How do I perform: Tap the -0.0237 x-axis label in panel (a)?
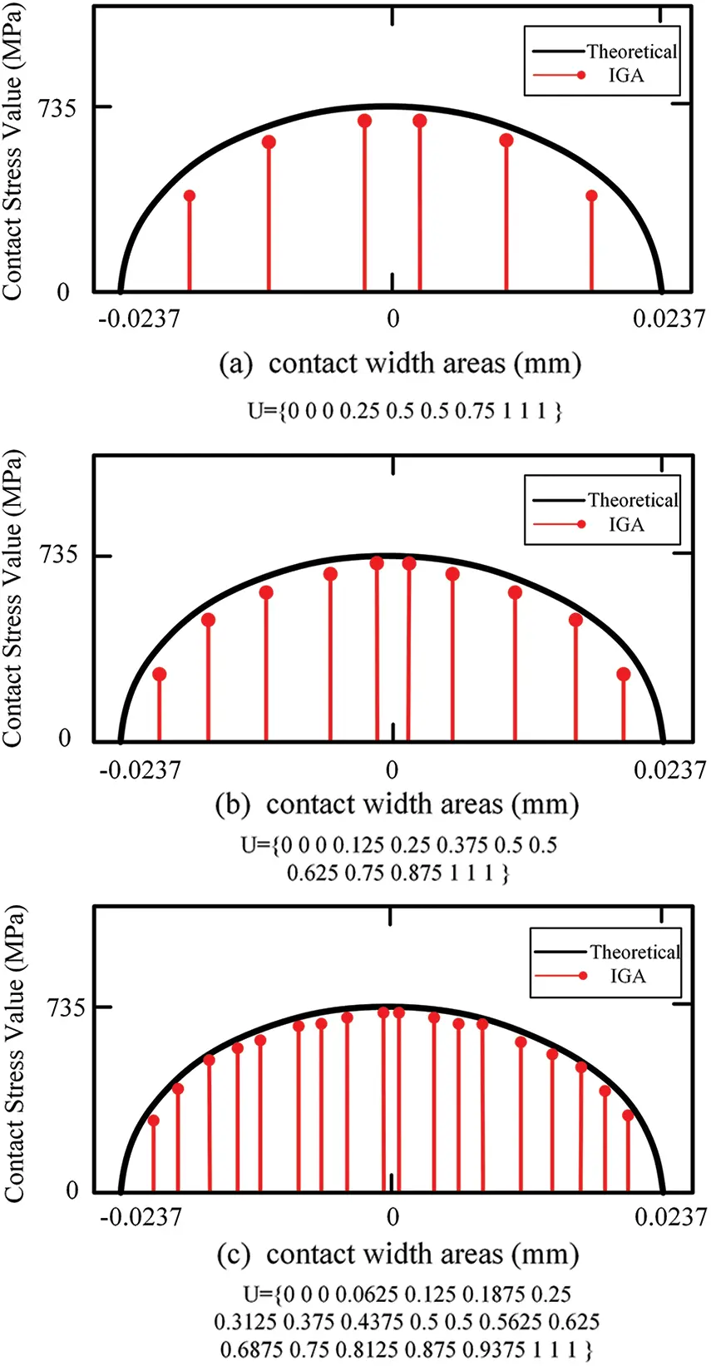coord(138,319)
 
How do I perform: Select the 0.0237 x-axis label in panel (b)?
coord(669,770)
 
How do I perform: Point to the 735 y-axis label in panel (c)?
coord(66,1008)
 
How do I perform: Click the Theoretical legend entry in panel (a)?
coord(631,52)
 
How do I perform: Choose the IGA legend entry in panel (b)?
coord(625,524)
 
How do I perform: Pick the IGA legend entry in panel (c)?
coord(627,976)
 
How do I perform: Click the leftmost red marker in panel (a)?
coord(190,196)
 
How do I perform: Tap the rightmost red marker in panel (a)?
coord(591,196)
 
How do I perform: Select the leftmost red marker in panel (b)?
coord(160,675)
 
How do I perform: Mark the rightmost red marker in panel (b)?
coord(624,675)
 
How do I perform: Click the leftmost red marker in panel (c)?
coord(153,1121)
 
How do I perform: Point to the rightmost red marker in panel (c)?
coord(628,1116)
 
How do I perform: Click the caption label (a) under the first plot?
coord(235,364)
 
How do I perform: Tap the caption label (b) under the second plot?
coord(232,805)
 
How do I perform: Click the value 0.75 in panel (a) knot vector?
coord(475,411)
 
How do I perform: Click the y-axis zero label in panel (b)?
coord(65,739)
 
